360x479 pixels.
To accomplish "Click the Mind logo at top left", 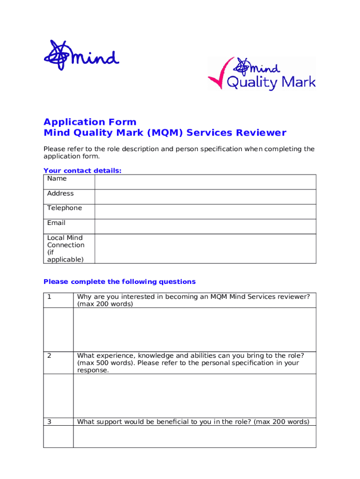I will (x=81, y=56).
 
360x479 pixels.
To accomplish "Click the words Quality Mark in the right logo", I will (x=271, y=83).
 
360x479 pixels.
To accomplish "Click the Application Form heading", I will (x=90, y=122).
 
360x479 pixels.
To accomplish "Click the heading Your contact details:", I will (x=82, y=171).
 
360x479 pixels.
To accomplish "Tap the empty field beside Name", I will (x=205, y=182).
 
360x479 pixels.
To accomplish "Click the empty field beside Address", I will (x=205, y=197).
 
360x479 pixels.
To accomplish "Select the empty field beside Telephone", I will (x=205, y=211).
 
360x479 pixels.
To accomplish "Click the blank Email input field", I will (x=205, y=226).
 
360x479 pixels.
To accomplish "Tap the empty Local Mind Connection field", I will (x=205, y=248).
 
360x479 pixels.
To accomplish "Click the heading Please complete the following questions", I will (x=119, y=282).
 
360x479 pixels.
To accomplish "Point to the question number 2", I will (x=49, y=356).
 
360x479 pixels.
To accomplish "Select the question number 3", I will (x=49, y=422).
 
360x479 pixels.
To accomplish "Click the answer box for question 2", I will (x=194, y=395).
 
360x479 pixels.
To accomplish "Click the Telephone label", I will (x=65, y=208).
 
